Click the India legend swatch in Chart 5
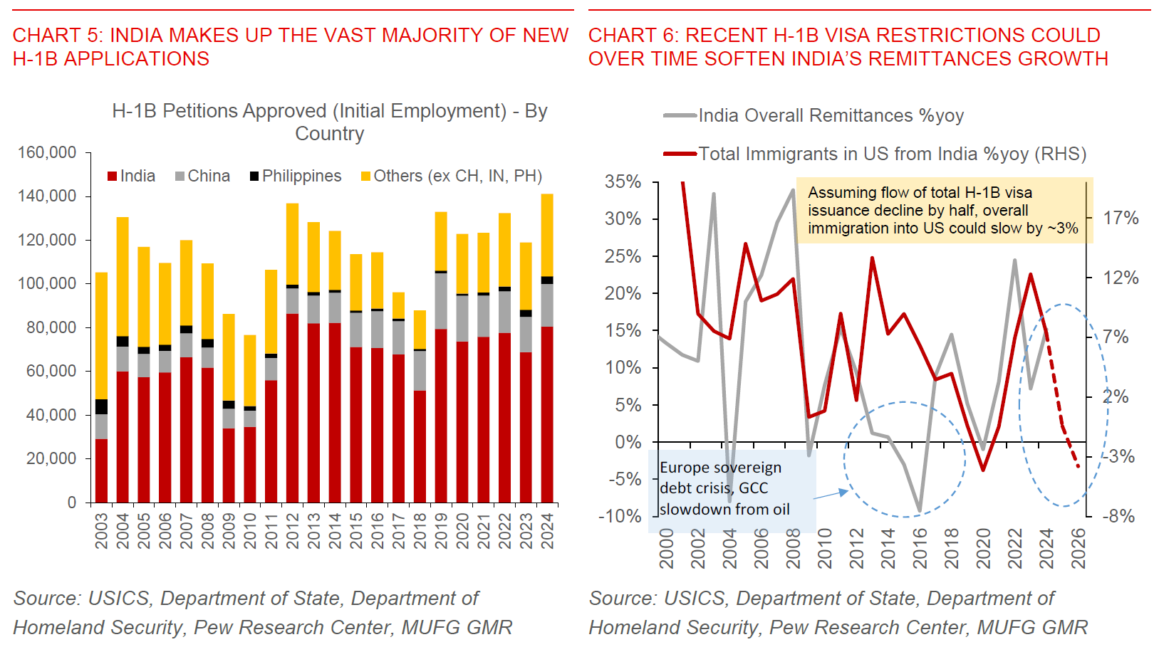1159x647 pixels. click(112, 177)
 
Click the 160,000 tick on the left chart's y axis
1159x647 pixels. click(47, 152)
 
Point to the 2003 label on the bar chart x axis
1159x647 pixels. click(102, 531)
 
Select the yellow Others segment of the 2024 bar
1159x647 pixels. click(547, 235)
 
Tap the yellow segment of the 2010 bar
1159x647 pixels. click(250, 370)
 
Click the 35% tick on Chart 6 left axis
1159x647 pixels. click(623, 182)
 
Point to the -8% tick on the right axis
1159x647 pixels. click(1118, 516)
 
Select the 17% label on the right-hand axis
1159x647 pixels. click(1121, 218)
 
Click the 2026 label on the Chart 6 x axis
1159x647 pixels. click(1079, 548)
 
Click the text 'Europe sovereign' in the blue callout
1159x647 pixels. click(720, 468)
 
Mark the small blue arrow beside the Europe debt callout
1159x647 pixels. click(831, 493)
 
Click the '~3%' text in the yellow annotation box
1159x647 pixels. click(1063, 228)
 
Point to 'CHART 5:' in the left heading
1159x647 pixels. click(58, 35)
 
